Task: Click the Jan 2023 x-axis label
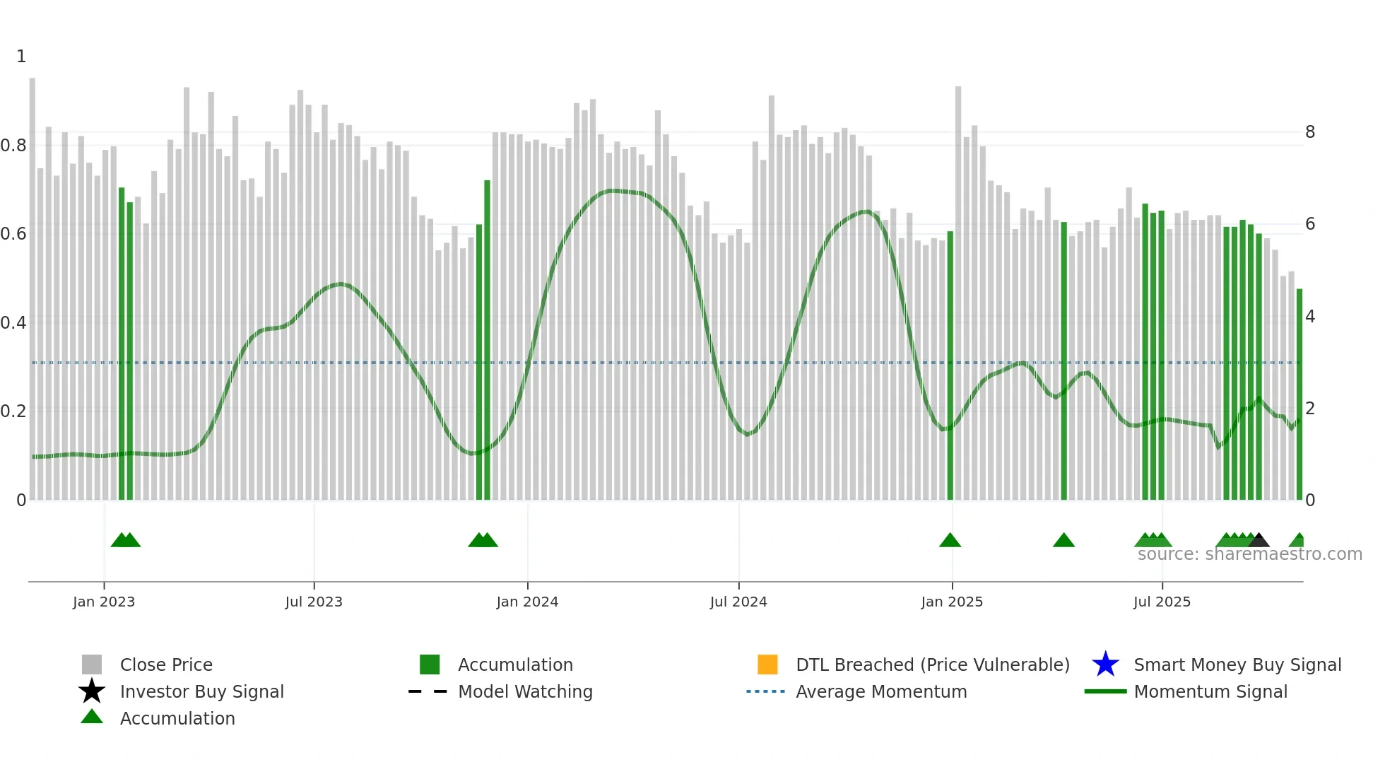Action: click(104, 602)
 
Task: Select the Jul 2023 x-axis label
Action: click(314, 602)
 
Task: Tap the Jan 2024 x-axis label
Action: click(527, 602)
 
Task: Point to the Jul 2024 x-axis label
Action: click(738, 602)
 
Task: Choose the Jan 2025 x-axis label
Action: click(952, 602)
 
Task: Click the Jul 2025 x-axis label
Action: click(1162, 602)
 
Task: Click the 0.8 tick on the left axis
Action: click(13, 146)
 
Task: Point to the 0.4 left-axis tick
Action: click(13, 323)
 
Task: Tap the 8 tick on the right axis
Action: click(1310, 132)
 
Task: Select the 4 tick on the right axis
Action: click(1310, 317)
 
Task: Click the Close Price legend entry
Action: click(166, 664)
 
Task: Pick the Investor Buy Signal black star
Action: click(92, 691)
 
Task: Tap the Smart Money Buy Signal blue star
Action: click(1105, 664)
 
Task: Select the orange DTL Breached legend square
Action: click(767, 664)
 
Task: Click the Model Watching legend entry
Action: click(525, 691)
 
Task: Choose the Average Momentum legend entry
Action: click(881, 691)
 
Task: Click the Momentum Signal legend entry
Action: click(1210, 691)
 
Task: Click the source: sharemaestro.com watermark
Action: click(1249, 554)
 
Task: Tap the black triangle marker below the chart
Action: click(1259, 541)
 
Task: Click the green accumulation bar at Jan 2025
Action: click(950, 368)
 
